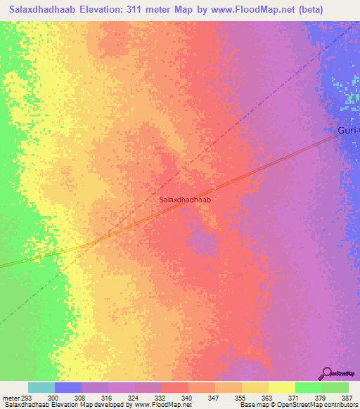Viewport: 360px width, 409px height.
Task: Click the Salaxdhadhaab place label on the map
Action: click(x=186, y=200)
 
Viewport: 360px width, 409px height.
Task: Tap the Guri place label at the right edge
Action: click(x=348, y=130)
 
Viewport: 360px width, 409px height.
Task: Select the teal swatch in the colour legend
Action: click(x=41, y=387)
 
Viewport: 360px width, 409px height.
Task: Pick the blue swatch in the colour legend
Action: click(x=68, y=387)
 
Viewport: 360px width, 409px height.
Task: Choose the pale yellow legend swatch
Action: click(x=282, y=387)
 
